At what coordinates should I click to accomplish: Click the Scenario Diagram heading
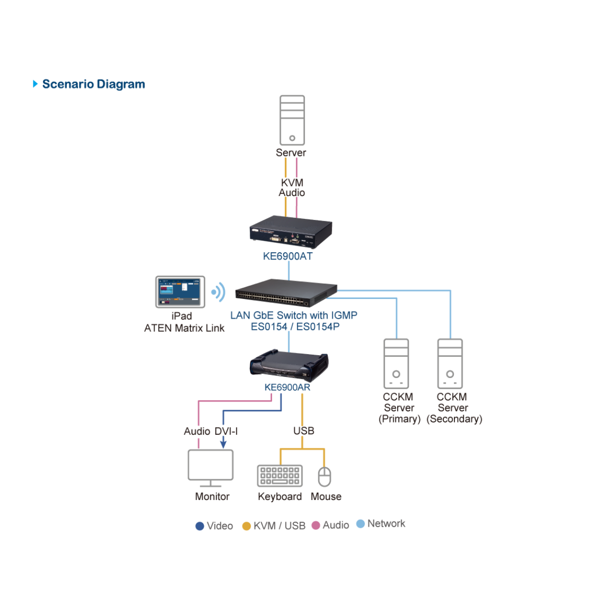[93, 84]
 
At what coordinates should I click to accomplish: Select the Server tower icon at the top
[292, 120]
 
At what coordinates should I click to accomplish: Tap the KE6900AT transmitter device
[291, 232]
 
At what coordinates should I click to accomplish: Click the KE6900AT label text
[287, 256]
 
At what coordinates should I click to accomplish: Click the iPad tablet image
[180, 292]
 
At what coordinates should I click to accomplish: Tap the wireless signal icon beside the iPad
[218, 292]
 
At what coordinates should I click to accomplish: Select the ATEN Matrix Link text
[184, 328]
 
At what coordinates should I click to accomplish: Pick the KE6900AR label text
[287, 388]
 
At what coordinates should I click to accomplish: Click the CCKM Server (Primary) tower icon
[396, 363]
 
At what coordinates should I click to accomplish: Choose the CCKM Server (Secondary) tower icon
[450, 363]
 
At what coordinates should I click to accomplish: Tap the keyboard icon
[280, 476]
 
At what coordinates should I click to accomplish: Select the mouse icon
[324, 477]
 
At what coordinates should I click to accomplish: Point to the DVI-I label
[226, 431]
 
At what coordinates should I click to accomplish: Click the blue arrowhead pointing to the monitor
[223, 444]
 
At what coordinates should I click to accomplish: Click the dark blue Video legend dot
[200, 526]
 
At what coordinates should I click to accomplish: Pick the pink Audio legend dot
[316, 525]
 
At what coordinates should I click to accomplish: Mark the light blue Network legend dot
[360, 523]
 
